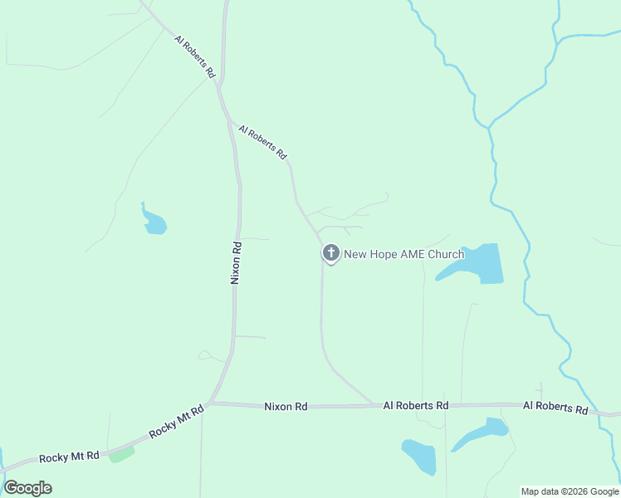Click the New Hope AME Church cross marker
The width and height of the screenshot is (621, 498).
(x=330, y=253)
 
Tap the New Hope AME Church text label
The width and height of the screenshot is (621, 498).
(x=403, y=255)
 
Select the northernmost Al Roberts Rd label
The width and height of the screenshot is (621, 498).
(x=195, y=57)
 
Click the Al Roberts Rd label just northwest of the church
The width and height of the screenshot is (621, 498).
(x=262, y=142)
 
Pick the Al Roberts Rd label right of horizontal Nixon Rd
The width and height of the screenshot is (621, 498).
(x=415, y=405)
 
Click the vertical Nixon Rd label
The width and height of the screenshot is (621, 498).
(x=236, y=263)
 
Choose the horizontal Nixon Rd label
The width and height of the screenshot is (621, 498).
(x=286, y=407)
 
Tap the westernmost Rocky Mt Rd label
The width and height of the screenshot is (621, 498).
(x=70, y=456)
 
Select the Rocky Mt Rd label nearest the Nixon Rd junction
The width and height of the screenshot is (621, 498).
(x=177, y=422)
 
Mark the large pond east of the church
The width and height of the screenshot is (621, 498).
(x=477, y=264)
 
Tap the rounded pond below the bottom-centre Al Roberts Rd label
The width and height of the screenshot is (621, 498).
(x=420, y=456)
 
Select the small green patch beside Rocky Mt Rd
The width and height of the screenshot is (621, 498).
(x=121, y=454)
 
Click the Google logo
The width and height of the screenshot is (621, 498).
(x=27, y=488)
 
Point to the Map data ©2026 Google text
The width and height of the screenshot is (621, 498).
(x=570, y=491)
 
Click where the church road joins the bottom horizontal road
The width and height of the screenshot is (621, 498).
(x=374, y=405)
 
